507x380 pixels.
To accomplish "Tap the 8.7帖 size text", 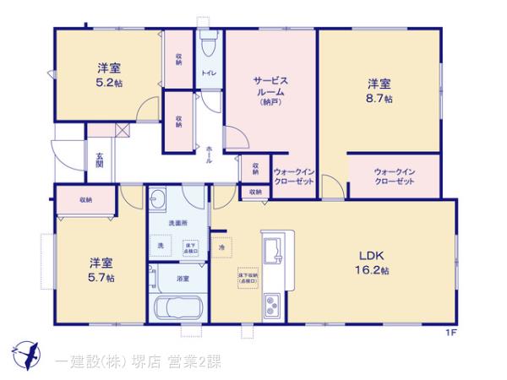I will tap(378, 99).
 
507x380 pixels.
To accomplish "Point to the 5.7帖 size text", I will tap(101, 277).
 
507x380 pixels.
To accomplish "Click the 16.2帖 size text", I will tap(372, 270).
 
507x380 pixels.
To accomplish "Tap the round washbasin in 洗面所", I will tap(160, 200).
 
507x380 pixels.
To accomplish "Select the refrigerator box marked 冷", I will tap(222, 247).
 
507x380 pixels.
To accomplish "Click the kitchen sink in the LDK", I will tap(275, 251).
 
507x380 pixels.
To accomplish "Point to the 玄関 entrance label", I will tap(100, 161).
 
